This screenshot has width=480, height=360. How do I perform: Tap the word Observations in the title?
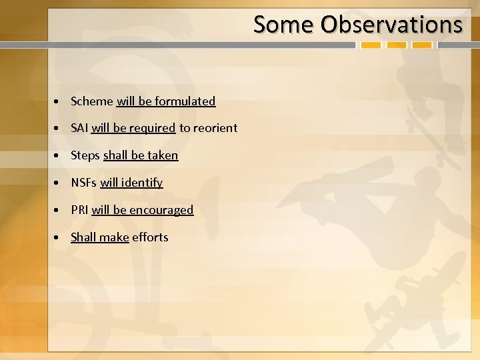pos(391,25)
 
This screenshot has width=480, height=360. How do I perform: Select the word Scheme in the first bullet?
pos(92,101)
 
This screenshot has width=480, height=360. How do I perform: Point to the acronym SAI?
pos(80,128)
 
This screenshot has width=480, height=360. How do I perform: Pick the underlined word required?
pos(153,128)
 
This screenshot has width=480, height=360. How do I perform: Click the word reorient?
pos(215,128)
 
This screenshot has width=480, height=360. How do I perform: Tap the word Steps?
pos(85,155)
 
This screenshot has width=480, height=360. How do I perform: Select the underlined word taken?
pos(163,155)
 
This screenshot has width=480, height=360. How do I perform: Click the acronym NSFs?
pos(84,183)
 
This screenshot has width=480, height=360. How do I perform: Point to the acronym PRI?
pos(80,210)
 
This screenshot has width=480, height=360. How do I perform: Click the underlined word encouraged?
pos(161,210)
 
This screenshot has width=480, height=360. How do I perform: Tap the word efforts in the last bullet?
pos(150,237)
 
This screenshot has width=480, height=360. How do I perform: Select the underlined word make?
pos(114,237)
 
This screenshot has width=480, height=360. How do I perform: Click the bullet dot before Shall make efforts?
pos(59,238)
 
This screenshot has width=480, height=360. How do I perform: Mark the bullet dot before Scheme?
pos(59,102)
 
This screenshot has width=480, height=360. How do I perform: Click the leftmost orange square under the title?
pos(371,45)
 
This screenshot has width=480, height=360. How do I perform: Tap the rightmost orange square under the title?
pos(421,45)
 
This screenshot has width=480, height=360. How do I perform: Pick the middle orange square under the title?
pos(397,45)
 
